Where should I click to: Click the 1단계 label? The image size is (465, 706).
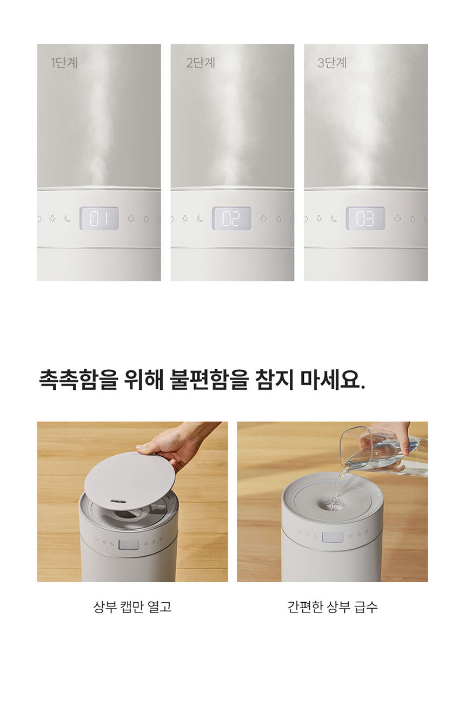pyautogui.click(x=64, y=63)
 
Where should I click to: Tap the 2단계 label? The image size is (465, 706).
pyautogui.click(x=201, y=63)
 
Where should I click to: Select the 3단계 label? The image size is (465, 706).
pyautogui.click(x=332, y=63)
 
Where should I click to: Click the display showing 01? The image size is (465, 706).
pyautogui.click(x=99, y=218)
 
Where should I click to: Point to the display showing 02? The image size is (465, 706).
pyautogui.click(x=232, y=218)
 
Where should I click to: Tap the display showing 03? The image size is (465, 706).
pyautogui.click(x=366, y=218)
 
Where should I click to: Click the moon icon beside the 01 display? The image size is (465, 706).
pyautogui.click(x=68, y=219)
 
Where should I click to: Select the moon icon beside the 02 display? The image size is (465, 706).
pyautogui.click(x=200, y=219)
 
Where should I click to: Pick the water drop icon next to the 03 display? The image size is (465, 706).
pyautogui.click(x=413, y=219)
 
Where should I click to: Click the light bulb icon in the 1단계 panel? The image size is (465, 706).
pyautogui.click(x=52, y=219)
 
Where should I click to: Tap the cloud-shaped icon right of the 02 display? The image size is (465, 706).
pyautogui.click(x=263, y=219)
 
